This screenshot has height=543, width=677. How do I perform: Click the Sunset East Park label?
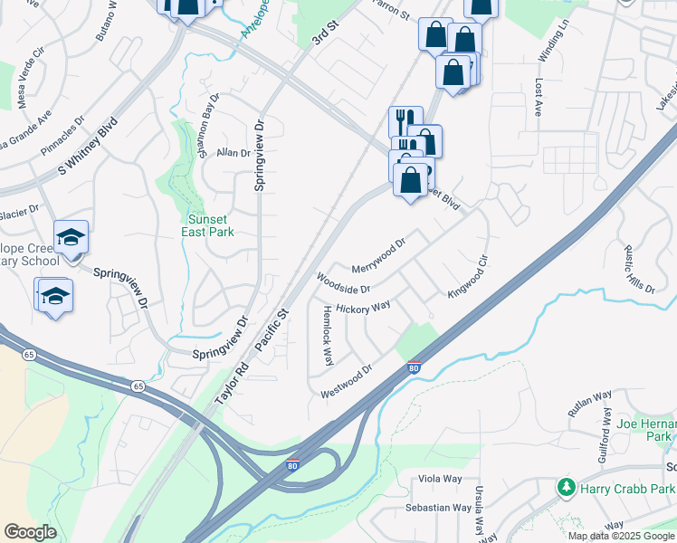pyautogui.click(x=211, y=225)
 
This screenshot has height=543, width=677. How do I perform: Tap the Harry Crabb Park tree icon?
pyautogui.click(x=567, y=488)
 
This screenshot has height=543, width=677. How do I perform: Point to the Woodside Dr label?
pyautogui.click(x=342, y=283)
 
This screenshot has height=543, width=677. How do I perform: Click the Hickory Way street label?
pyautogui.click(x=362, y=308)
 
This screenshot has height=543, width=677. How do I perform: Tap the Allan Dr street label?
pyautogui.click(x=233, y=154)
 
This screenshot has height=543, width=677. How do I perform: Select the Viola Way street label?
pyautogui.click(x=440, y=479)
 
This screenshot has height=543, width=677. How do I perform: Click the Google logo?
pyautogui.click(x=30, y=532)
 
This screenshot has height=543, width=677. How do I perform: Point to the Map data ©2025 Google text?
pyautogui.click(x=621, y=536)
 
